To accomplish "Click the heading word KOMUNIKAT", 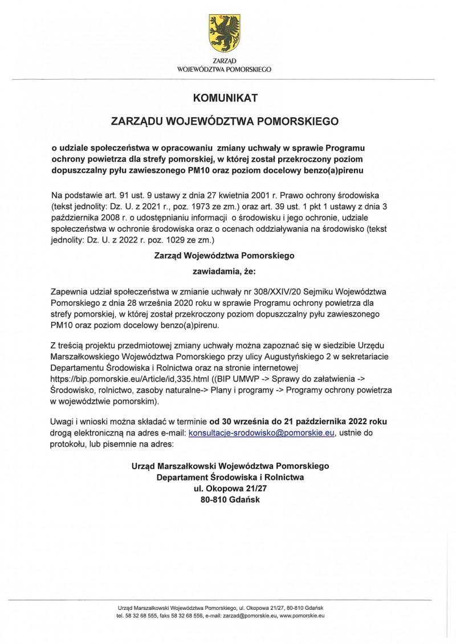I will pyautogui.click(x=225, y=98).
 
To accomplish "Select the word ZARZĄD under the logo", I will pyautogui.click(x=225, y=61).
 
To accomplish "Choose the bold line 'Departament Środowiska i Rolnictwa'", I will pyautogui.click(x=230, y=477).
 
